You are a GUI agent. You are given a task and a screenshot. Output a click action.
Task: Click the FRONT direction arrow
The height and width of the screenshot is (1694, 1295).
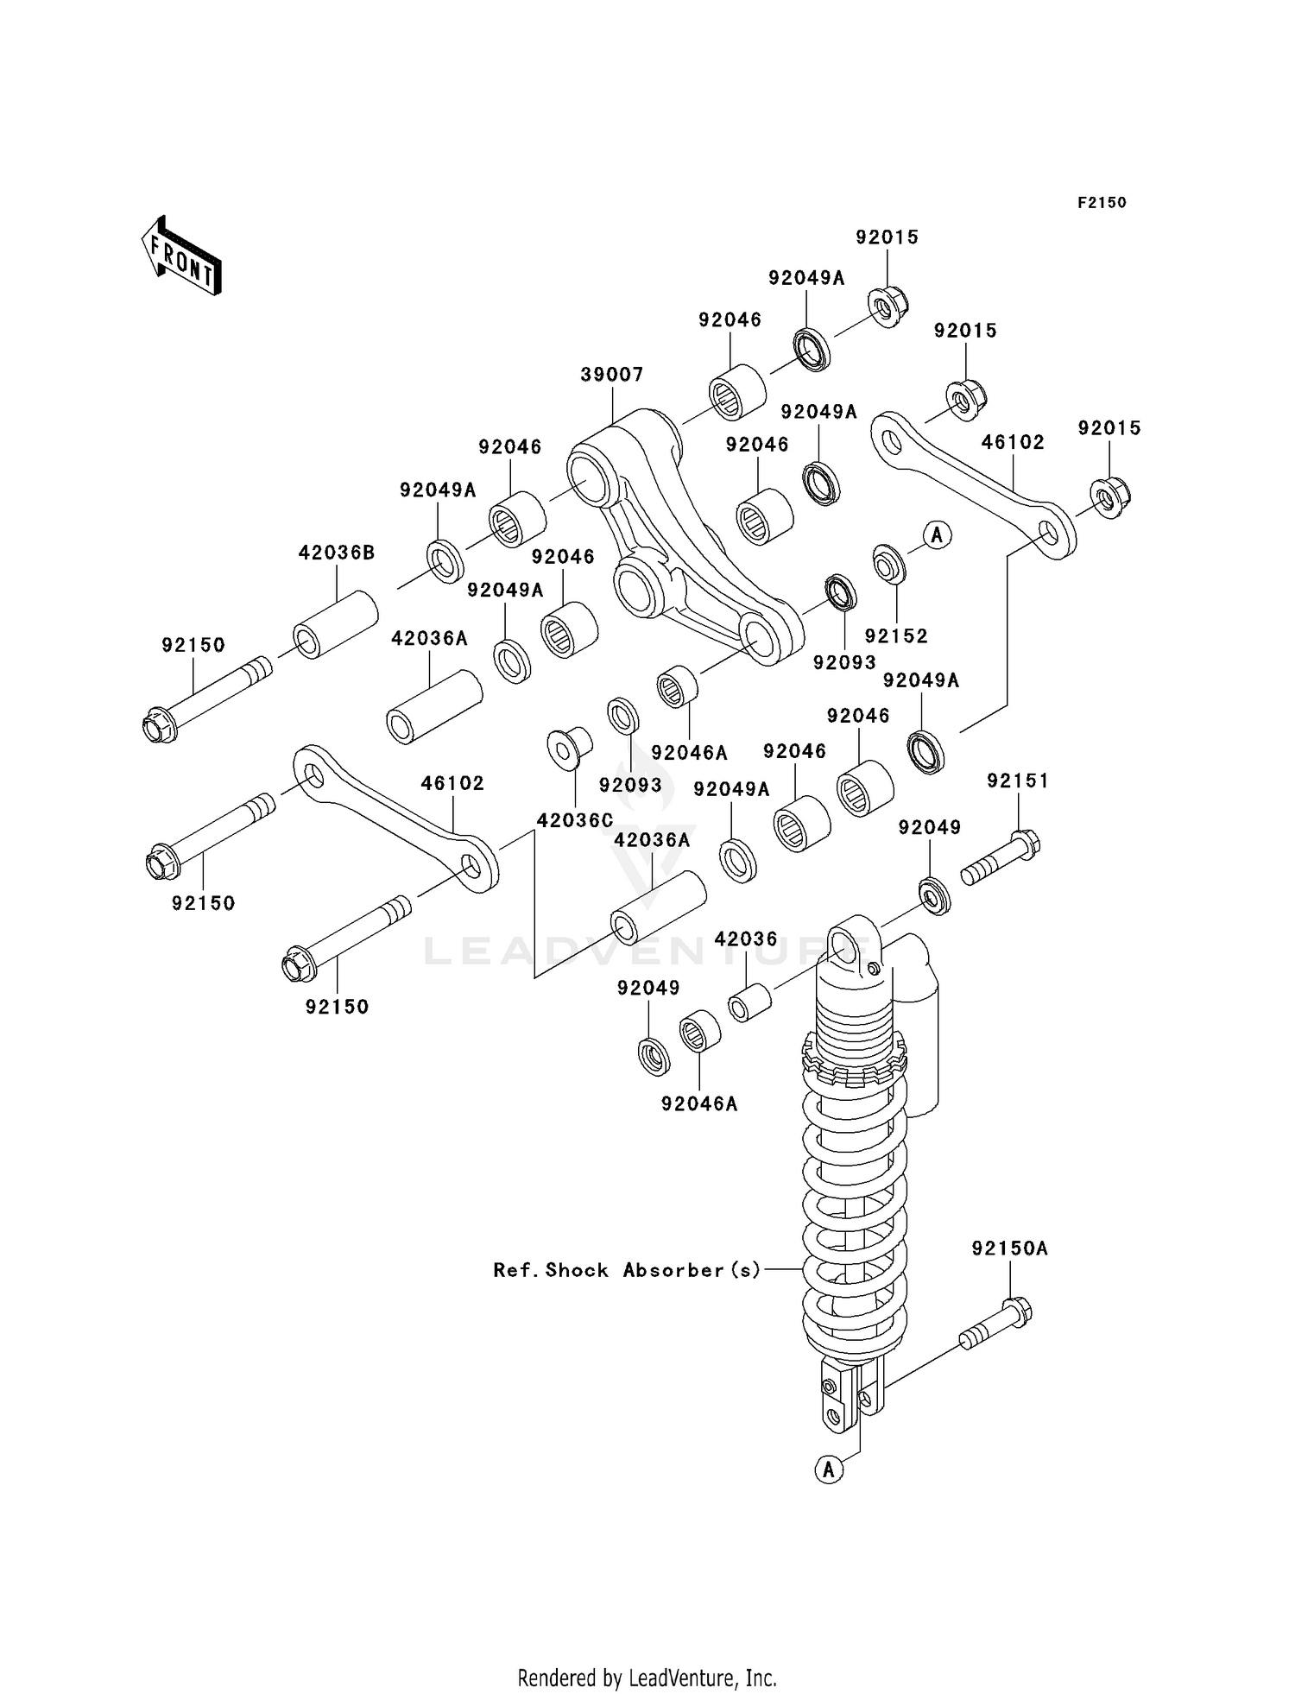tap(182, 256)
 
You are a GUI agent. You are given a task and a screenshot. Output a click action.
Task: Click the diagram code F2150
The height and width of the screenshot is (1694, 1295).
tap(1101, 202)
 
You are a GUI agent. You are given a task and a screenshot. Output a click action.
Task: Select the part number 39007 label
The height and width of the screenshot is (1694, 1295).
tap(611, 374)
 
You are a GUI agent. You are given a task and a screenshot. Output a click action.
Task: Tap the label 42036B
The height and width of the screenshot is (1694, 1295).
tap(337, 553)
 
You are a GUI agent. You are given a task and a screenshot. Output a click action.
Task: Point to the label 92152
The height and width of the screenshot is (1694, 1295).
tap(896, 635)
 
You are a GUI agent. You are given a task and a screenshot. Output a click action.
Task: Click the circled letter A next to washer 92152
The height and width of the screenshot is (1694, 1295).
tap(937, 535)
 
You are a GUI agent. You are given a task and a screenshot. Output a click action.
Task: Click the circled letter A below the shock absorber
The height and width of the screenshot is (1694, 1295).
tap(829, 1469)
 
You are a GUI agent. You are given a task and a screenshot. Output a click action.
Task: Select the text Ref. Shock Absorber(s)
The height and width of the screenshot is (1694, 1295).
tap(627, 1270)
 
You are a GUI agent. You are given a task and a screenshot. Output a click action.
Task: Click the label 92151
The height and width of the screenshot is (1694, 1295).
tap(1018, 781)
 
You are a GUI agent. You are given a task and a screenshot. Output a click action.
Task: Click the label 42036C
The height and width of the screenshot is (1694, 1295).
tap(575, 820)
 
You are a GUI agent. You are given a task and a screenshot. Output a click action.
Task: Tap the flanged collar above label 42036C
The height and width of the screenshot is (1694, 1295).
tap(569, 748)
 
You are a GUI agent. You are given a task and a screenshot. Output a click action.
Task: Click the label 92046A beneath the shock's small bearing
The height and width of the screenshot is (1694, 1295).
tap(699, 1103)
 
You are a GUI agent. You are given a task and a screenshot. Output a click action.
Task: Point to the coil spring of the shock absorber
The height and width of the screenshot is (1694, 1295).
tap(854, 1209)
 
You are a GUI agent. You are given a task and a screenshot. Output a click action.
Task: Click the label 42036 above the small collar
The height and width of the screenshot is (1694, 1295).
tap(746, 939)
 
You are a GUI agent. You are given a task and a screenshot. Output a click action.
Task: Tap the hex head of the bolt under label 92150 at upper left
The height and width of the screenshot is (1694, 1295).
tap(160, 725)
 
